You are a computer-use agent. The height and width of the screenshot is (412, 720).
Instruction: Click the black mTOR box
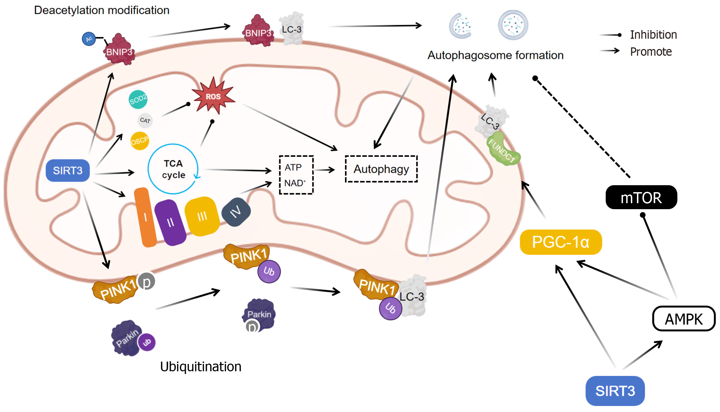click(x=641, y=197)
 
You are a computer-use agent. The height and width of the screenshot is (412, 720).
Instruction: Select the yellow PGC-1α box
click(x=561, y=242)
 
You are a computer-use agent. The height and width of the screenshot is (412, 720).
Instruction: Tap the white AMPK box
click(x=684, y=319)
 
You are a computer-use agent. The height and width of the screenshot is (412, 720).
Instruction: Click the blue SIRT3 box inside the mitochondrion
click(x=68, y=170)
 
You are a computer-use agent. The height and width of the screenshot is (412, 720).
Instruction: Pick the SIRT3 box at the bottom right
click(x=615, y=391)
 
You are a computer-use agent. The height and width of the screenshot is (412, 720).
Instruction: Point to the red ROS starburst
click(x=213, y=96)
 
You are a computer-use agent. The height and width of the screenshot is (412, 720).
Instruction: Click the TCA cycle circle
click(x=173, y=169)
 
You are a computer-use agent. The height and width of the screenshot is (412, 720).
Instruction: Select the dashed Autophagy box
click(x=381, y=169)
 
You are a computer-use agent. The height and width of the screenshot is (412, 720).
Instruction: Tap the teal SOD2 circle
click(x=138, y=99)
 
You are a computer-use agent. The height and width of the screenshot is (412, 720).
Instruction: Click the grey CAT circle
click(x=145, y=120)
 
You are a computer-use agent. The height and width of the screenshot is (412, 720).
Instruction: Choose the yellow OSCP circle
click(x=139, y=141)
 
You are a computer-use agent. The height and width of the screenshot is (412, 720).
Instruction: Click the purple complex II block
click(x=170, y=223)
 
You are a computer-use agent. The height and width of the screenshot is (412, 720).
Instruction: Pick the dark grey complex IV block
click(x=236, y=212)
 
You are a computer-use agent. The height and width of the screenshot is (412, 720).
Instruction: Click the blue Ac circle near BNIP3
click(x=89, y=39)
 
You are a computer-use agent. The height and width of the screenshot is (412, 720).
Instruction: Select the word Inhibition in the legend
click(x=653, y=35)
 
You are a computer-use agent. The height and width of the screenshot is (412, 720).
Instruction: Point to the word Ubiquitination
click(x=201, y=367)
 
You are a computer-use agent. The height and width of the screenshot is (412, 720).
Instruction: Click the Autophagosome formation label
click(x=495, y=55)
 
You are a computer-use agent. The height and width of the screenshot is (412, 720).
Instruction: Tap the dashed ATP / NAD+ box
click(x=296, y=175)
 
